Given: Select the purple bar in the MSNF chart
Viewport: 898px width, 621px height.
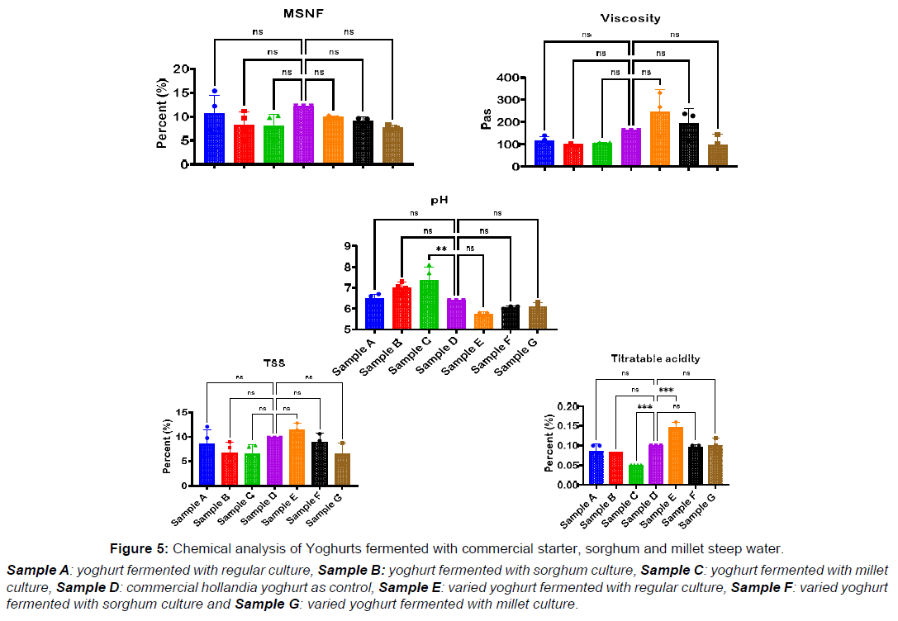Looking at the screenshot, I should point(303,134).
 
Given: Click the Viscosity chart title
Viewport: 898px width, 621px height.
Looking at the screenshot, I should point(631,17).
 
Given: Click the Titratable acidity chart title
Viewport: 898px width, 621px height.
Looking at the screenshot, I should point(655,358).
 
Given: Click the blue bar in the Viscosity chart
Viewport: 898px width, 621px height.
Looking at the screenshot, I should point(544,153).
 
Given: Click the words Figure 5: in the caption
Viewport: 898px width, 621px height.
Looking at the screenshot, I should point(140,548).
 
